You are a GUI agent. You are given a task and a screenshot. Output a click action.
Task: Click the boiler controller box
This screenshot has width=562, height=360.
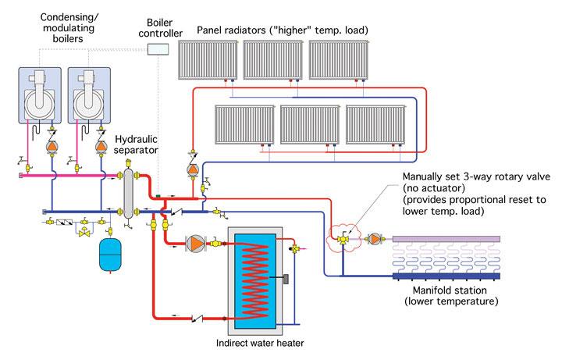158,49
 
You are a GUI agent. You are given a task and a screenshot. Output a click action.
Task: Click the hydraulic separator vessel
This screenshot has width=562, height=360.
127,191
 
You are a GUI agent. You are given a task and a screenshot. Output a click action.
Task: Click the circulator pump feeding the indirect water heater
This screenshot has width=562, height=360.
194,243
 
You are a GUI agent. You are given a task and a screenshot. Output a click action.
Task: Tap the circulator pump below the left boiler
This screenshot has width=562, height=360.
52,145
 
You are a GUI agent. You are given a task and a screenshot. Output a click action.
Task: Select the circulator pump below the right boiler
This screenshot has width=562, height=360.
101,145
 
